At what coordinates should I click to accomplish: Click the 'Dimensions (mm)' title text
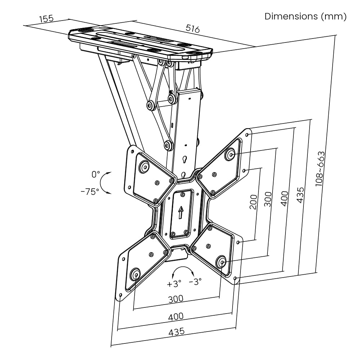click(306, 17)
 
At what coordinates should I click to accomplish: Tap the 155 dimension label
click(46, 19)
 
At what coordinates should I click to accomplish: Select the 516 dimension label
click(193, 28)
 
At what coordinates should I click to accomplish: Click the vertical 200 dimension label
click(253, 202)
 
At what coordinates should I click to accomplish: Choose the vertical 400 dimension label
click(284, 198)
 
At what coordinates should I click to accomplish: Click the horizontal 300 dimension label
click(176, 298)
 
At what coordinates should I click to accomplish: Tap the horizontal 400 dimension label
click(176, 316)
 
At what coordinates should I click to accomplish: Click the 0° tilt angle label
click(96, 175)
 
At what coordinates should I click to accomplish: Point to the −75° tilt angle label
click(90, 192)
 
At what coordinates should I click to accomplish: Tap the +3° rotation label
click(174, 284)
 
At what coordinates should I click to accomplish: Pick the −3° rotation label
click(195, 282)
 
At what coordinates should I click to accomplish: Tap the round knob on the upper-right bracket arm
click(230, 155)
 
